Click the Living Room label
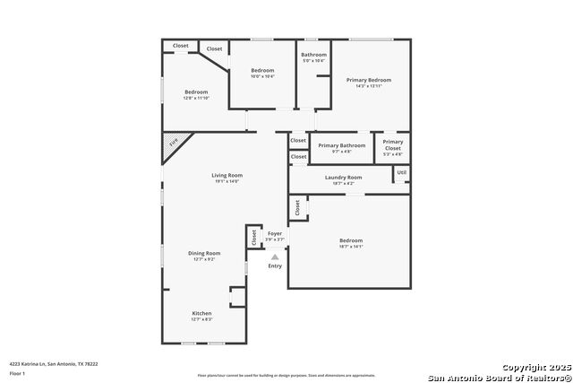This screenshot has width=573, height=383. [227, 175]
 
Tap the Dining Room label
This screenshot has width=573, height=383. [203, 253]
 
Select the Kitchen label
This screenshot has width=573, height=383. [201, 313]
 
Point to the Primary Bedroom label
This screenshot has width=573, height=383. [369, 80]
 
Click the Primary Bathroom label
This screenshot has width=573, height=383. [341, 145]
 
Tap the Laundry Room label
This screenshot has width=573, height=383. [343, 178]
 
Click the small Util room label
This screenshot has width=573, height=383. [401, 172]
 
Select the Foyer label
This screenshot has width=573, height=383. [275, 233]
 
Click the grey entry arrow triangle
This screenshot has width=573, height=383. [275, 257]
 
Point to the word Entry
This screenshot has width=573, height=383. [275, 265]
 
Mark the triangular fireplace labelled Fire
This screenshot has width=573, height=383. [174, 143]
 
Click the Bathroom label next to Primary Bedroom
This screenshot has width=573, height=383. [313, 55]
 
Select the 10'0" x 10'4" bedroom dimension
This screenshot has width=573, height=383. [262, 76]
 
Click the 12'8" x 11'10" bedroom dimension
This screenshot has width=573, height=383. [196, 98]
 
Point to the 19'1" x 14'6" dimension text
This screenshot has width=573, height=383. [227, 181]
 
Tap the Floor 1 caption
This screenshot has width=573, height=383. [17, 373]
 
